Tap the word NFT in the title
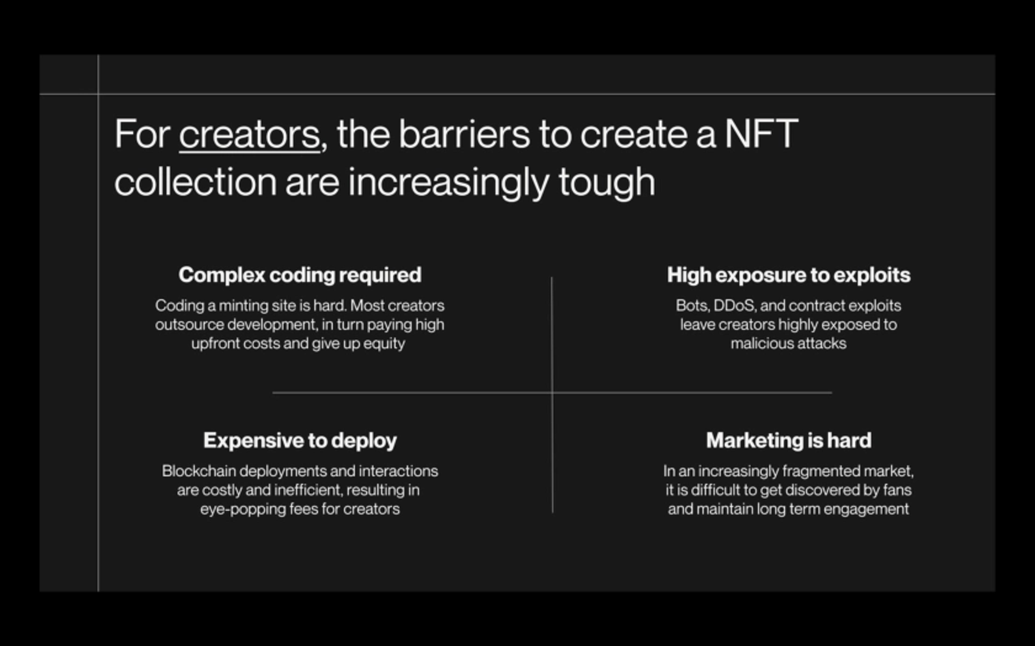pyautogui.click(x=761, y=134)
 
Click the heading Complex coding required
pyautogui.click(x=300, y=275)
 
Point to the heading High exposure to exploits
pyautogui.click(x=789, y=275)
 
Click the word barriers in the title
pyautogui.click(x=464, y=135)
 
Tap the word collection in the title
pyautogui.click(x=195, y=182)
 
